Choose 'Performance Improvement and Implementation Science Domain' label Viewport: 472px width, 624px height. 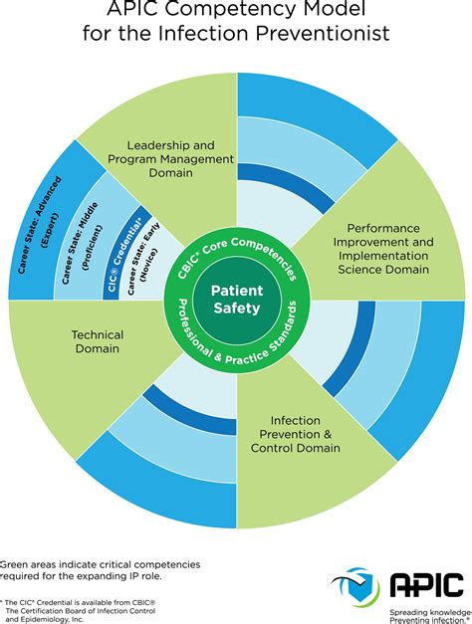[381, 249]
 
